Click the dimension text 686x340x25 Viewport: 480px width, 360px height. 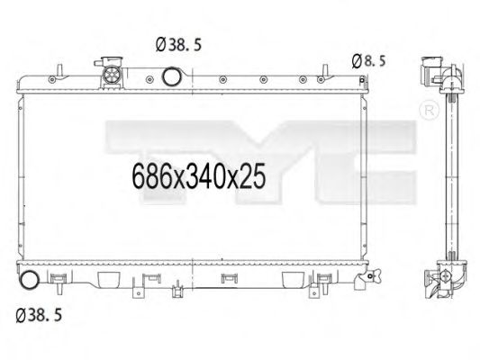(201, 176)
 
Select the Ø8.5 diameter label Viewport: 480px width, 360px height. (368, 61)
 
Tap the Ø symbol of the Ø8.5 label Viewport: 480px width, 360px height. (357, 61)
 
